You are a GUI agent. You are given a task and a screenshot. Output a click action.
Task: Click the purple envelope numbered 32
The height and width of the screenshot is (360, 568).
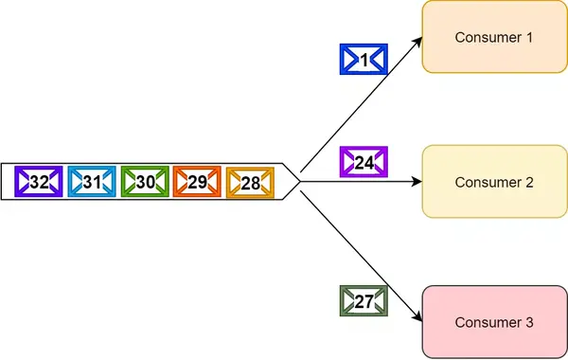(x=39, y=181)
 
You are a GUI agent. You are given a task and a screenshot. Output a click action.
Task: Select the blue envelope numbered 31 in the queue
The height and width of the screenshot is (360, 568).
(x=92, y=181)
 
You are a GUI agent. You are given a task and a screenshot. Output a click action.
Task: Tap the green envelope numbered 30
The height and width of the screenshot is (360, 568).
(x=144, y=181)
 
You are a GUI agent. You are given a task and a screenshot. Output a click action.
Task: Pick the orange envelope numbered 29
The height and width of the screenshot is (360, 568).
(x=197, y=181)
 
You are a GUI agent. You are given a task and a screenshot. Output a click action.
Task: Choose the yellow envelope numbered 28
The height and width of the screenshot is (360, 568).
(x=249, y=181)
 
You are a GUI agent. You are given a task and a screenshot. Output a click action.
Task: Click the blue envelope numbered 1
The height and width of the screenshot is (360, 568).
(x=364, y=60)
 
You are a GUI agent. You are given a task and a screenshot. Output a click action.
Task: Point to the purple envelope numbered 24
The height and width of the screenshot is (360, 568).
(x=364, y=163)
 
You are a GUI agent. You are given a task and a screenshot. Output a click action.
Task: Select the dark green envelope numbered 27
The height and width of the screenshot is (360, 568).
(x=364, y=301)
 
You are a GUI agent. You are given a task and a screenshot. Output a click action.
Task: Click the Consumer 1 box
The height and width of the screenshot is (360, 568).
(x=494, y=38)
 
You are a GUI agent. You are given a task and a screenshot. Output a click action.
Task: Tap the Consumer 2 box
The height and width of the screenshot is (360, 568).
(x=494, y=181)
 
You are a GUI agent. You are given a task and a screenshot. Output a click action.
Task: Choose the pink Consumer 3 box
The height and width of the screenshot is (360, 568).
(x=494, y=322)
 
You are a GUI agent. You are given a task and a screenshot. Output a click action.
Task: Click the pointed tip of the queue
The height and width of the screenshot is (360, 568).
(x=298, y=181)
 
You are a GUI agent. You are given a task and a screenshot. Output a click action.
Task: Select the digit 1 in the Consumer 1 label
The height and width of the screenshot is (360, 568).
(x=529, y=38)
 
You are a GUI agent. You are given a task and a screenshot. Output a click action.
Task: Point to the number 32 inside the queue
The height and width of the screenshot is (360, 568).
(x=39, y=181)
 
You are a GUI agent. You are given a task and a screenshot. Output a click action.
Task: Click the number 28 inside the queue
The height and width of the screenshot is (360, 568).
(x=249, y=181)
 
